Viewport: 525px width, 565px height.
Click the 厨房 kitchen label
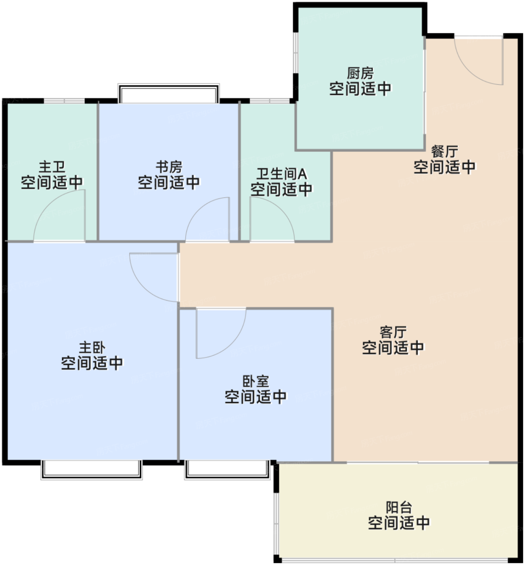point(360,74)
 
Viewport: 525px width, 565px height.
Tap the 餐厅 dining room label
point(444,152)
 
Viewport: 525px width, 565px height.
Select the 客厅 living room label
point(393,332)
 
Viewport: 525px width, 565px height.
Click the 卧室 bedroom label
point(255,381)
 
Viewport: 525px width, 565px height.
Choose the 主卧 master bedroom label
point(92,347)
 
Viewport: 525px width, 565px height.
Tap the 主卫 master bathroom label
point(52,167)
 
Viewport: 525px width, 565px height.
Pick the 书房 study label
point(169,167)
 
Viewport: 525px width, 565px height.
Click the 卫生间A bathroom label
point(281,174)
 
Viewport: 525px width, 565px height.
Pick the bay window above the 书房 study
point(168,93)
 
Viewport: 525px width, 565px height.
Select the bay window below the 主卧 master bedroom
point(92,470)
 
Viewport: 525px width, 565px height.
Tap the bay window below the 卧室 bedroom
point(227,470)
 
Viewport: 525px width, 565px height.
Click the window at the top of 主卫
point(64,101)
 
